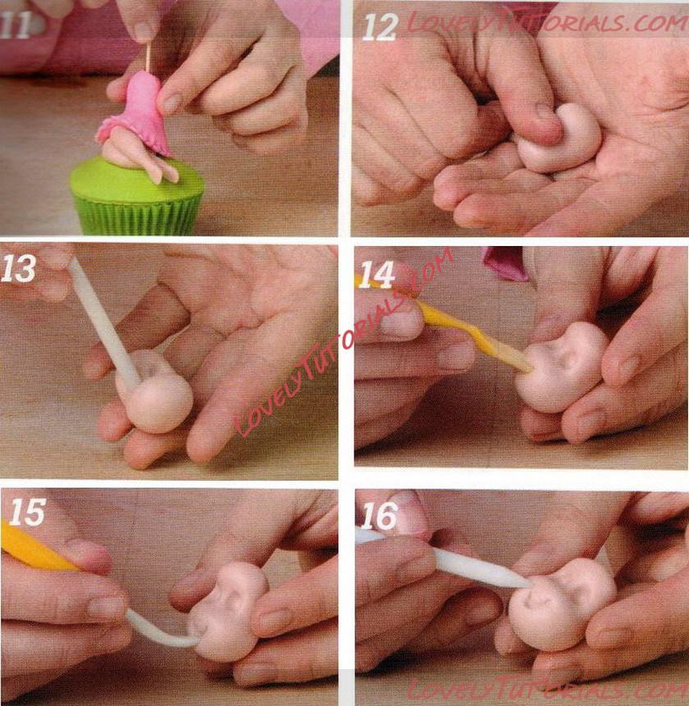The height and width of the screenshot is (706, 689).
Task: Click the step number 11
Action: [x=16, y=25]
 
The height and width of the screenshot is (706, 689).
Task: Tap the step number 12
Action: [x=381, y=27]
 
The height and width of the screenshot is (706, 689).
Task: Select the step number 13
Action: [x=19, y=268]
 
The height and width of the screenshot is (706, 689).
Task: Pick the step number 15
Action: [x=27, y=512]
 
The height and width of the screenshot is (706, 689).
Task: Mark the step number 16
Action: [x=379, y=516]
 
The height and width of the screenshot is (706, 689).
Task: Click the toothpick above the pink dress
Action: [x=148, y=57]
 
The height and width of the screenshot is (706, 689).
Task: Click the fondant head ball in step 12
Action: [x=559, y=139]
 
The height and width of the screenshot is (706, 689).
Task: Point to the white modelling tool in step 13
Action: [x=103, y=317]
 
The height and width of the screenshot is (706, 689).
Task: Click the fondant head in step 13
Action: [x=154, y=393]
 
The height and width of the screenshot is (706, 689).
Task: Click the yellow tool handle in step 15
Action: [x=36, y=547]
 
